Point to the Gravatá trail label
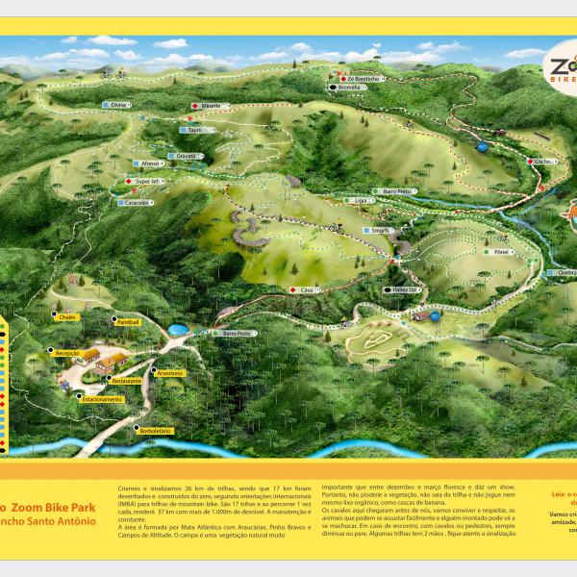pyautogui.click(x=185, y=155)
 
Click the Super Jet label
pyautogui.click(x=146, y=181)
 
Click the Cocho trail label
pyautogui.click(x=542, y=162)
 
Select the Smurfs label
pyautogui.click(x=378, y=231)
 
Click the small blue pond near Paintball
pyautogui.click(x=178, y=330)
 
